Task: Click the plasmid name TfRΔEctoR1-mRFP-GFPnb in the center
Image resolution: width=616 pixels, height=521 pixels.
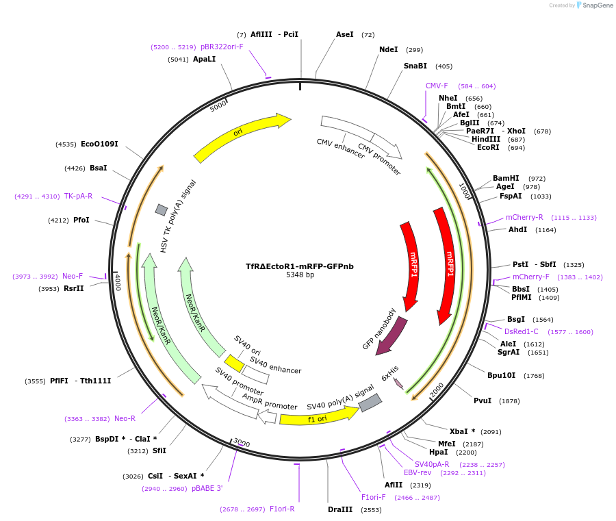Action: (300, 266)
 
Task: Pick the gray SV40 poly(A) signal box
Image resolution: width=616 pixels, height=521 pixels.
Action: (370, 403)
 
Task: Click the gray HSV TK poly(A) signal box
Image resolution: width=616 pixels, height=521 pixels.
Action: (162, 209)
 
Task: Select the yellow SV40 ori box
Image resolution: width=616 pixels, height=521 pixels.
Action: (234, 363)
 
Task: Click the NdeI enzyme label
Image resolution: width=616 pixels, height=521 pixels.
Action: (388, 49)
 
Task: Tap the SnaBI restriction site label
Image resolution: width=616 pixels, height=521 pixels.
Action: (415, 66)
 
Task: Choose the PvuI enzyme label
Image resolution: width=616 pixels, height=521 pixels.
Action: (483, 401)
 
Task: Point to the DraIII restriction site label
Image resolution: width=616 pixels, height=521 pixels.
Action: (340, 509)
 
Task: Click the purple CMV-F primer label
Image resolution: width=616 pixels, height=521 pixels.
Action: (437, 86)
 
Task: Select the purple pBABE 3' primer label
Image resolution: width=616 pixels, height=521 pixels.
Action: (207, 488)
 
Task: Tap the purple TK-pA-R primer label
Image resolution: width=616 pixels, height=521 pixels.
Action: (78, 196)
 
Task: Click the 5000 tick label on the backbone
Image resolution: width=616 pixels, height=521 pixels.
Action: (218, 106)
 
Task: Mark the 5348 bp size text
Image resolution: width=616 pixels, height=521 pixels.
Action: (300, 275)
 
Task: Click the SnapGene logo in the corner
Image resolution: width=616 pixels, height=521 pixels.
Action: (592, 5)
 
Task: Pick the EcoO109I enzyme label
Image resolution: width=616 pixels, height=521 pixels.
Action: (99, 144)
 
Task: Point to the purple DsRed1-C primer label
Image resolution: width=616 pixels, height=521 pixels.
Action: (522, 331)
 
